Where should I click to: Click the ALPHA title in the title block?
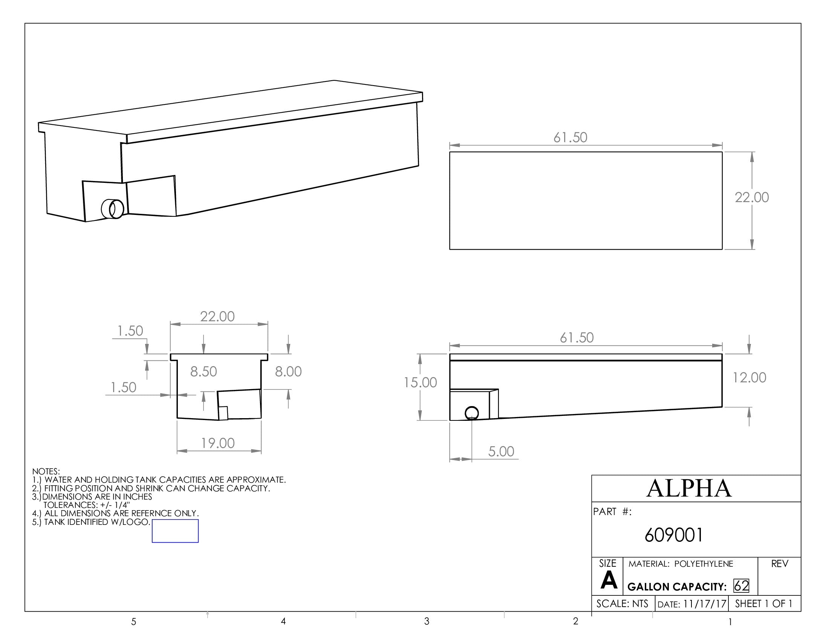click(688, 488)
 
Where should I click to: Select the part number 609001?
click(673, 535)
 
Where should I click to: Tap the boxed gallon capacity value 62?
click(741, 586)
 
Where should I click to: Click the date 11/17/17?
click(705, 604)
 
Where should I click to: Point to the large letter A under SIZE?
click(609, 581)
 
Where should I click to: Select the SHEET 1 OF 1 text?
click(763, 604)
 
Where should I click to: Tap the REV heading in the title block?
click(779, 564)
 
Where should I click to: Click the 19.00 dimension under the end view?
click(218, 443)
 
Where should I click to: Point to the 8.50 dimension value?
click(203, 371)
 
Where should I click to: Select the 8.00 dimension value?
click(288, 371)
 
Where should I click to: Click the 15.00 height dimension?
click(420, 382)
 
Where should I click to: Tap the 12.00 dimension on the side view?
click(749, 377)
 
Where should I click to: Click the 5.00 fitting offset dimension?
click(501, 451)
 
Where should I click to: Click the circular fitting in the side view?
click(471, 413)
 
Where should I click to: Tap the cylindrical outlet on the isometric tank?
click(113, 209)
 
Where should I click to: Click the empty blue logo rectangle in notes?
click(175, 531)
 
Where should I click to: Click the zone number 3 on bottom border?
click(427, 621)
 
